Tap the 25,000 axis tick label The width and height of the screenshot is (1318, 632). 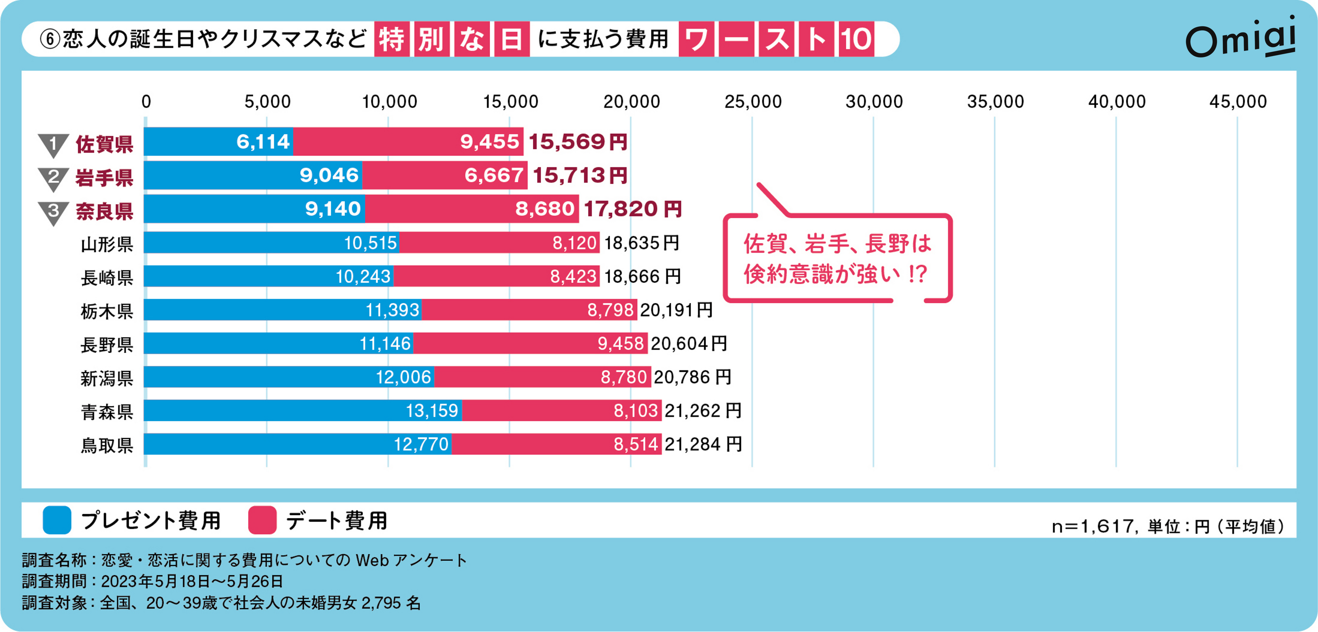[753, 102]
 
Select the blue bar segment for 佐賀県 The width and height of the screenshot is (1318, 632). [218, 142]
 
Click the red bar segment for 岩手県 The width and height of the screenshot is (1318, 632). [444, 175]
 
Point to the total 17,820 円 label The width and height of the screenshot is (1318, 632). [632, 209]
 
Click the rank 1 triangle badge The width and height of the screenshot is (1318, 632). [53, 145]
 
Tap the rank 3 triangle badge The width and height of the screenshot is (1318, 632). [53, 212]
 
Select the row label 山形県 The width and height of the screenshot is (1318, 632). [107, 244]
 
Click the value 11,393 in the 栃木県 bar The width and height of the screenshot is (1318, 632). [392, 310]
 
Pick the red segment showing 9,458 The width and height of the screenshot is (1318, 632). [530, 344]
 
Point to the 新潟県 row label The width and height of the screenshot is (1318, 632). [107, 378]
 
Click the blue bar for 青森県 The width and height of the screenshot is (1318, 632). [303, 411]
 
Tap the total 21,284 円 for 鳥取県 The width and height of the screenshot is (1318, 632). [703, 444]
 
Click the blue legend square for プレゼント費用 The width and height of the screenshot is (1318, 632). [57, 520]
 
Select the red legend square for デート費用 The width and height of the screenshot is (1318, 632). [262, 520]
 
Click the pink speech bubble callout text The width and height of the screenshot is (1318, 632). [837, 259]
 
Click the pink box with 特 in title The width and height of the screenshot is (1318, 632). [391, 39]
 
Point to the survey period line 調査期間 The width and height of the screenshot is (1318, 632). [152, 581]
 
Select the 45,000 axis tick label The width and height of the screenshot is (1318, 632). [1238, 102]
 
